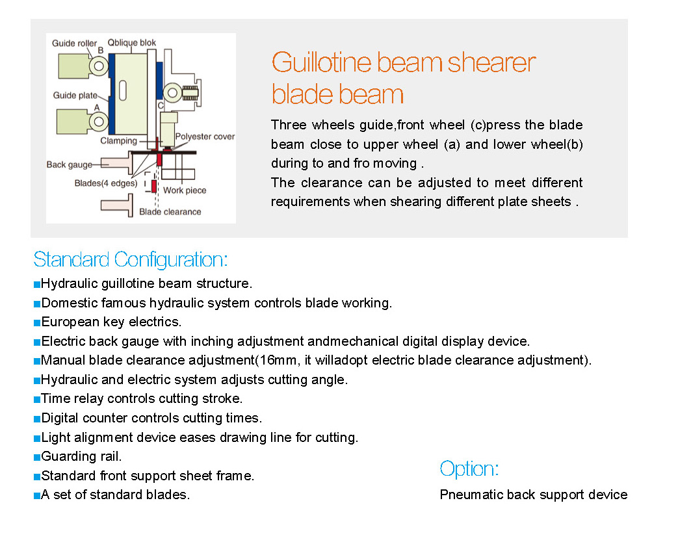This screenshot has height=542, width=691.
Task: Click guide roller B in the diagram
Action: pyautogui.click(x=99, y=66)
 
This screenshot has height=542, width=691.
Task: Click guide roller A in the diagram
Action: pyautogui.click(x=99, y=121)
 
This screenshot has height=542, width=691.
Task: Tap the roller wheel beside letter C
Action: pyautogui.click(x=172, y=93)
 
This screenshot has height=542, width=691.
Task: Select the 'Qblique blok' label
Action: pyautogui.click(x=132, y=43)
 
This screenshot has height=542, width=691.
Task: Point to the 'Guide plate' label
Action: pyautogui.click(x=75, y=95)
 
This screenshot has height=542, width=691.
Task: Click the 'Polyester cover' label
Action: pyautogui.click(x=205, y=136)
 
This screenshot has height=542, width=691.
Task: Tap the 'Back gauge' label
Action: pyautogui.click(x=70, y=165)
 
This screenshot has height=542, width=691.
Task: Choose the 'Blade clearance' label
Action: pyautogui.click(x=170, y=212)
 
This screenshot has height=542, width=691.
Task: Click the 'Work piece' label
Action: pyautogui.click(x=185, y=190)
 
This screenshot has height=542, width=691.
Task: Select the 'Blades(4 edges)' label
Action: pyautogui.click(x=106, y=183)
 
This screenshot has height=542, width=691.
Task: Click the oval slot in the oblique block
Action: pyautogui.click(x=123, y=91)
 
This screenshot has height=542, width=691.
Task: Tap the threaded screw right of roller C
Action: pyautogui.click(x=190, y=93)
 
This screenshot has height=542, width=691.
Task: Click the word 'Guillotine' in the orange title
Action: pyautogui.click(x=321, y=62)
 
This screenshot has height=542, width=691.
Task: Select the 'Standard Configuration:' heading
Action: pyautogui.click(x=131, y=259)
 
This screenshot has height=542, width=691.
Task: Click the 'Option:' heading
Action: pyautogui.click(x=469, y=469)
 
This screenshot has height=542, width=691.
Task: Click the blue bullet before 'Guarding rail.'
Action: pyautogui.click(x=37, y=457)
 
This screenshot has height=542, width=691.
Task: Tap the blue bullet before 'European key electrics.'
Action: pyautogui.click(x=37, y=322)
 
